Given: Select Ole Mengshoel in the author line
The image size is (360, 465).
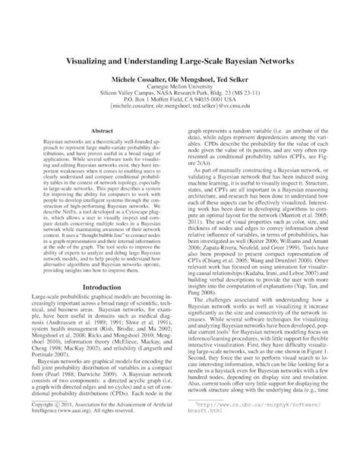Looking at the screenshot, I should pyautogui.click(x=180, y=79).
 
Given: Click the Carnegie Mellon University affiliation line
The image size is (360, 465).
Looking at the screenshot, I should pyautogui.click(x=180, y=88).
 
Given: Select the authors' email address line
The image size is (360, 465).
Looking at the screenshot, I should pyautogui.click(x=180, y=110).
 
